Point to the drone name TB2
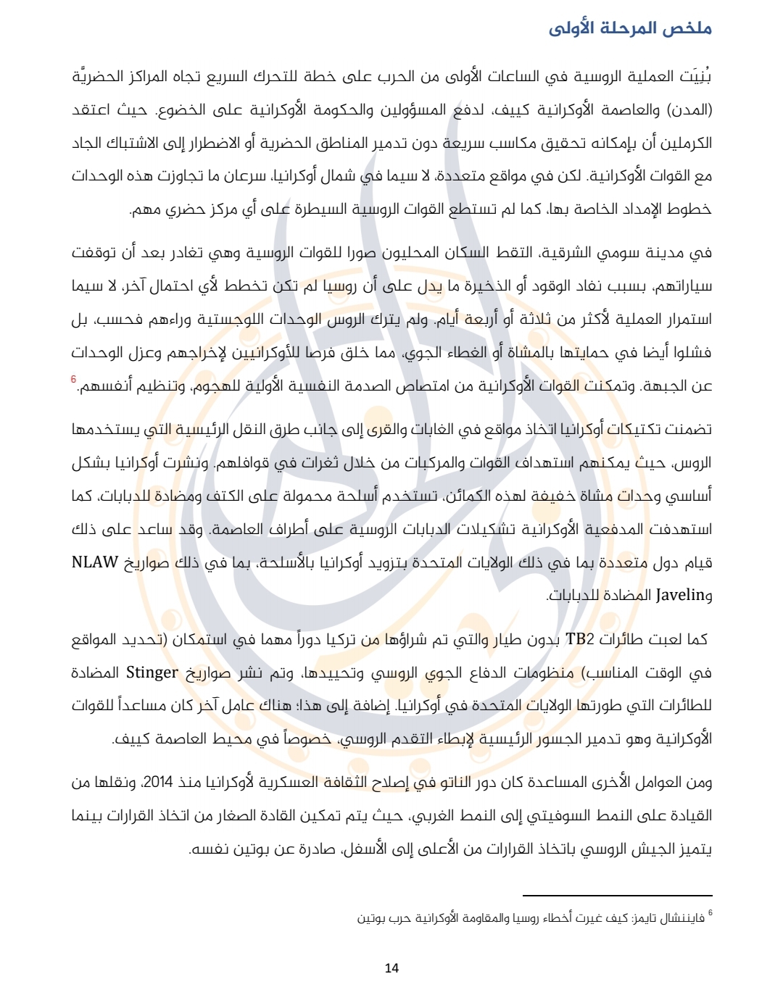click(x=579, y=639)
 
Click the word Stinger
click(x=152, y=672)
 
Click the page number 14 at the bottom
click(x=391, y=968)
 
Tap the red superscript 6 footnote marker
click(x=73, y=379)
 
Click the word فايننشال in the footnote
click(x=680, y=919)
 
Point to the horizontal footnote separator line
click(x=617, y=896)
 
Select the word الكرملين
click(x=684, y=143)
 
